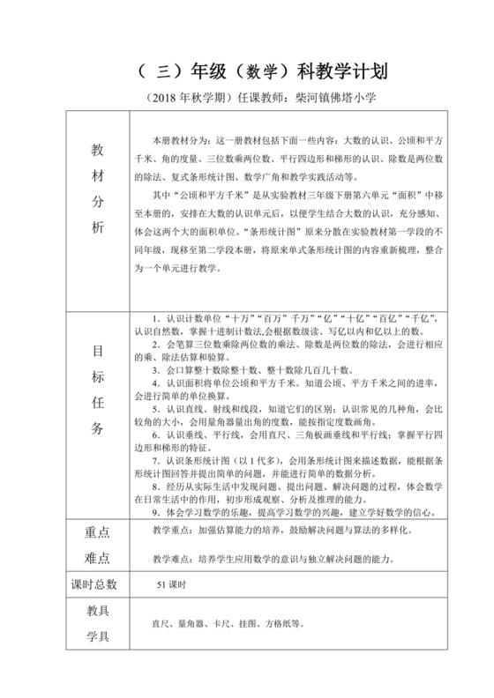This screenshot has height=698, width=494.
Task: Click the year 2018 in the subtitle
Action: [172, 100]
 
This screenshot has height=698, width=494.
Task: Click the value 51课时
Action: [168, 583]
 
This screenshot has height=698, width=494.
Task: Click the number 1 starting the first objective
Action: [154, 315]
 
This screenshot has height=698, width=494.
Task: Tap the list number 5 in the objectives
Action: [154, 410]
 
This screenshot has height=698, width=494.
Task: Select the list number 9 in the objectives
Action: [154, 510]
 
